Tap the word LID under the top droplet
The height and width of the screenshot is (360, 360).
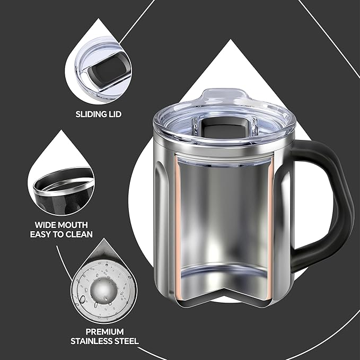coord(115,114)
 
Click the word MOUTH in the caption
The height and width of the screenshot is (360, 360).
coord(72,225)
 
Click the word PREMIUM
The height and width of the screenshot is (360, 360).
coord(104,332)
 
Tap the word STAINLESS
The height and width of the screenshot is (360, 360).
coord(92,341)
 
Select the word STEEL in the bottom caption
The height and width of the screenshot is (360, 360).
coord(127,341)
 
